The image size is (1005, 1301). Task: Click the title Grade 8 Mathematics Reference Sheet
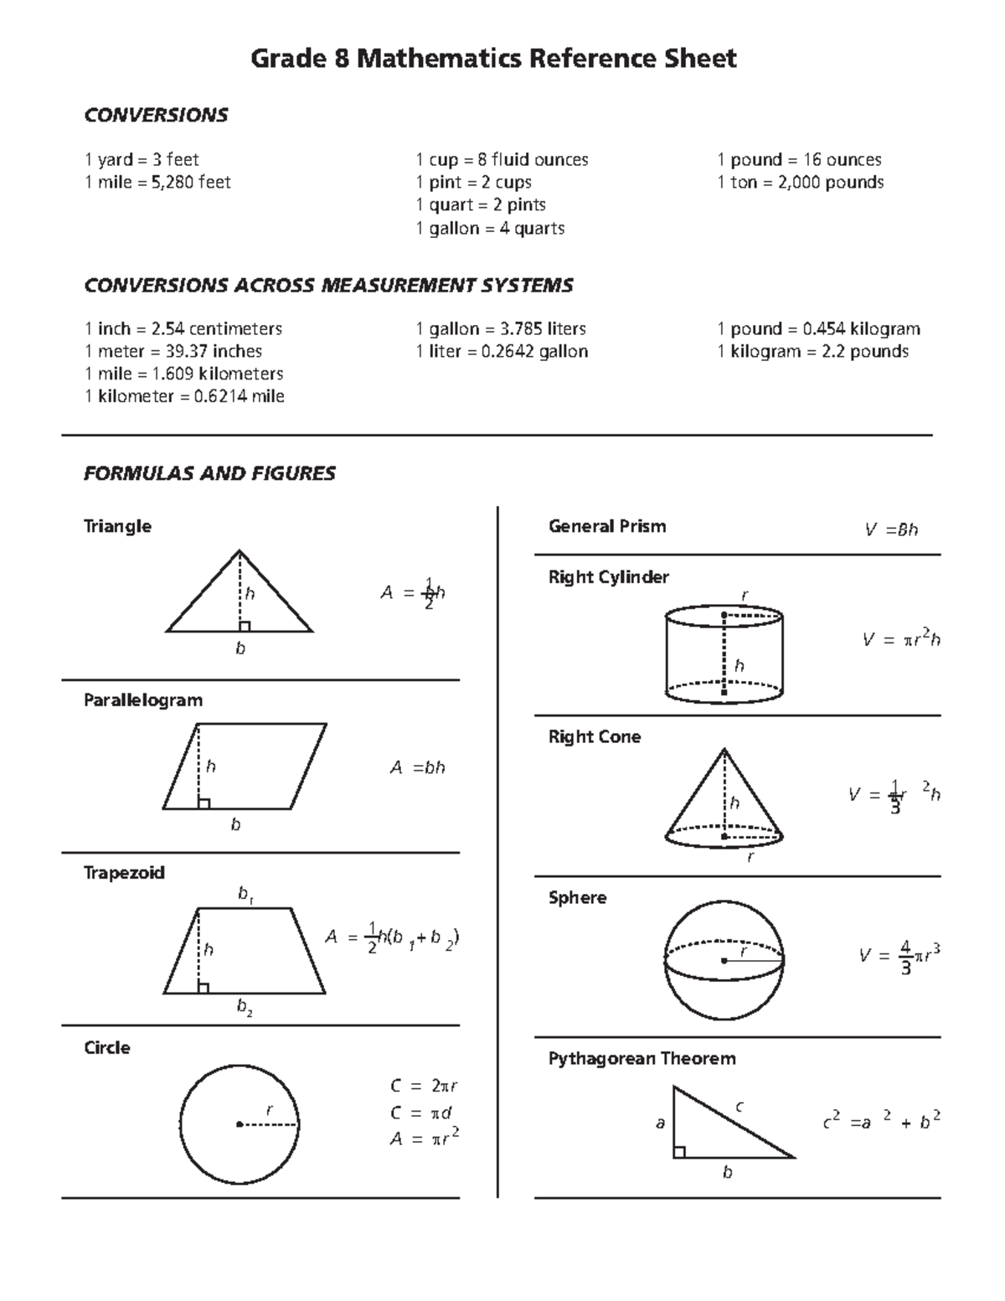point(494,59)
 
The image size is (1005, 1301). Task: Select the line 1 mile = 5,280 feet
point(157,183)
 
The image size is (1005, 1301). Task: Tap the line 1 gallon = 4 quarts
point(490,228)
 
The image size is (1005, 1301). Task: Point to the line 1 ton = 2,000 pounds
point(800,183)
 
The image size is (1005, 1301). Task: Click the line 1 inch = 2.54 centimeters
point(183,329)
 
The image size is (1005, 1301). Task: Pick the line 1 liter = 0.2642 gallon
point(502,352)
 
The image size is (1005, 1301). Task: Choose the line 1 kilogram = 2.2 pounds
point(812,352)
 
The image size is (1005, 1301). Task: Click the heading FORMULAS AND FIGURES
point(209,474)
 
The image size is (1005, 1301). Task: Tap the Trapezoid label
point(124,873)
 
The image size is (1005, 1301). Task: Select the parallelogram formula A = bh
point(417,767)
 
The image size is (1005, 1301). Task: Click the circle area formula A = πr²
point(425,1138)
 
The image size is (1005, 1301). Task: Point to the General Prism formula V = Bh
point(891,529)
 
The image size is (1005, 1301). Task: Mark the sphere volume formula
point(899,956)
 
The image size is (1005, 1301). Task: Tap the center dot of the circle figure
point(240,1124)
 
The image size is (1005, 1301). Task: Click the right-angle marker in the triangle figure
point(244,626)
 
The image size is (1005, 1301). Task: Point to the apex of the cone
point(724,749)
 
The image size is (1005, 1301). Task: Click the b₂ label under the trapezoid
point(244,1008)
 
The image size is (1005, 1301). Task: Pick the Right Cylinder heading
point(608,577)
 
